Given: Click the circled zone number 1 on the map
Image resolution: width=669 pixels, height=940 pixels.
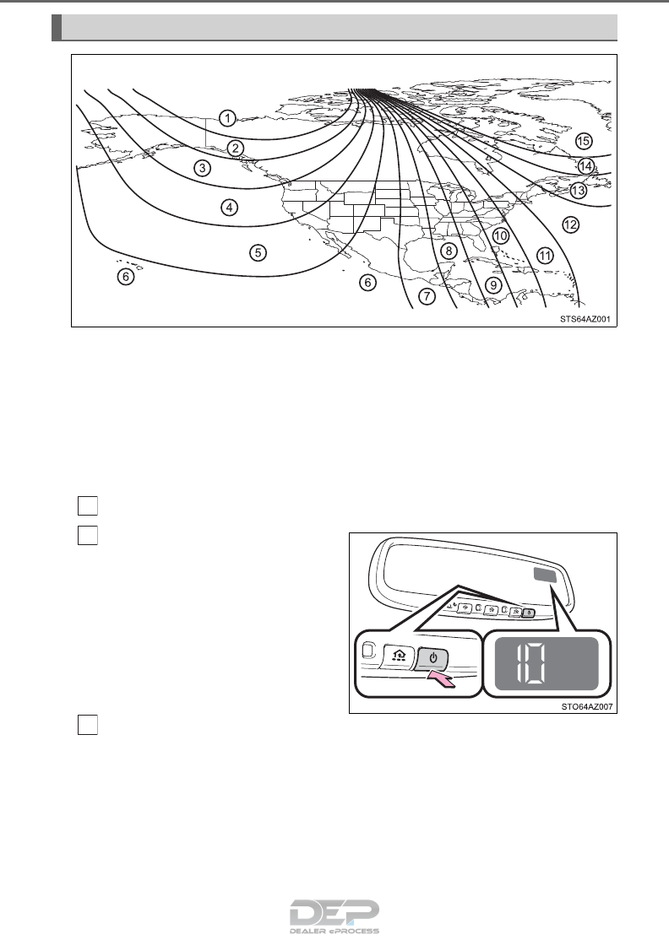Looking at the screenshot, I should coord(227,116).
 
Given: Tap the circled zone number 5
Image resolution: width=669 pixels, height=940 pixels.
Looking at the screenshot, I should coord(258,251).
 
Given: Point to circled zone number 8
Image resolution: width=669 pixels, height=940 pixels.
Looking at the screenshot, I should coord(449,251).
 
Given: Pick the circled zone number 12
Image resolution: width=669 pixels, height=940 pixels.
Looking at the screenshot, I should coord(570,224).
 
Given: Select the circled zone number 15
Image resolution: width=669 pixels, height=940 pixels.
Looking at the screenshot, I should coord(582,140).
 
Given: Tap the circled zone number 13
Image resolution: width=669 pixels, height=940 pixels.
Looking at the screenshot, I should coord(578,191).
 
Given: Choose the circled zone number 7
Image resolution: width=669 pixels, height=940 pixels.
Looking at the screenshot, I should coord(427,295).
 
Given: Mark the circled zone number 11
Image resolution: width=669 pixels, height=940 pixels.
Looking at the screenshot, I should coord(545,255).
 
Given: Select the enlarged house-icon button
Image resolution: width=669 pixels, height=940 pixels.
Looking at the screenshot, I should coord(397,656).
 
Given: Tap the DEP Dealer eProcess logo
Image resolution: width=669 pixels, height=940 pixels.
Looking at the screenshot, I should coord(334,915).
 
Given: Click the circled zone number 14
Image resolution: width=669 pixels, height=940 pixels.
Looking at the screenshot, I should coord(586,166).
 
